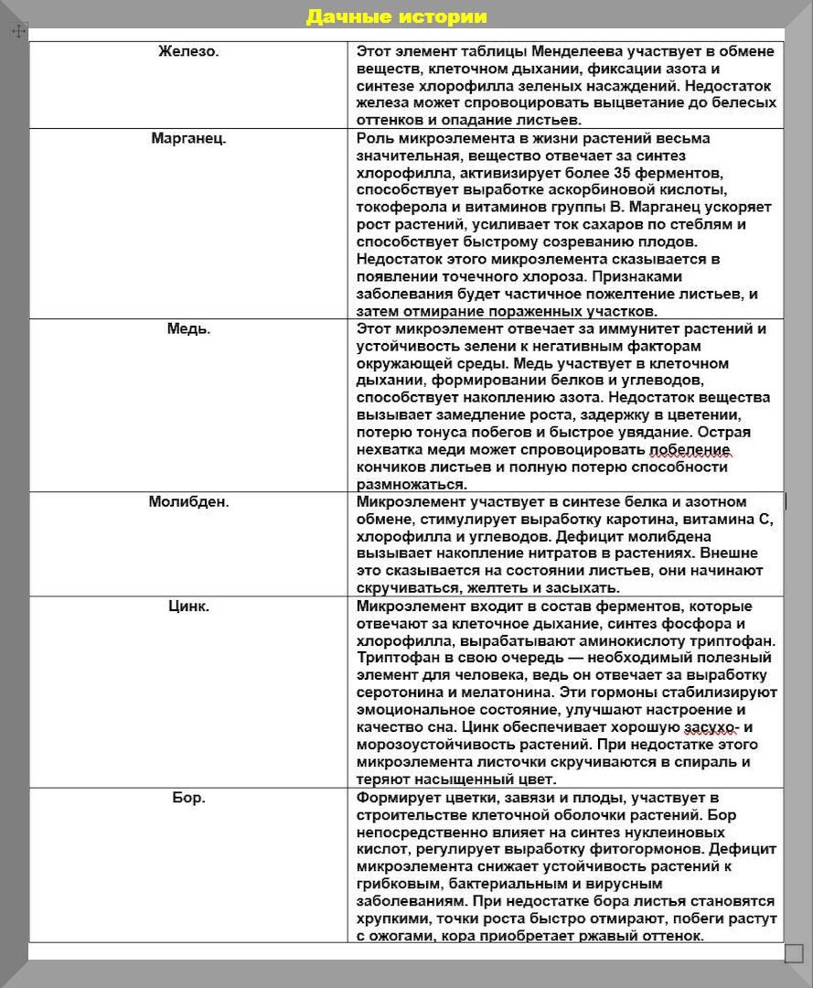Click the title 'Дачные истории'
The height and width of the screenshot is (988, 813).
(396, 17)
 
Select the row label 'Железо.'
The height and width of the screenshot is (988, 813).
(188, 51)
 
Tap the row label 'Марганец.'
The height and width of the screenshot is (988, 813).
(188, 139)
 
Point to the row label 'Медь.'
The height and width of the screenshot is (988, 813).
(188, 329)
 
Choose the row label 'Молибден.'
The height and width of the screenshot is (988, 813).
(188, 502)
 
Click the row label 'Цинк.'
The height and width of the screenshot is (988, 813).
(188, 607)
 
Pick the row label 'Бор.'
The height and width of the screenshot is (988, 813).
(188, 798)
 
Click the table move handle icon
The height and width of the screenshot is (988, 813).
(18, 31)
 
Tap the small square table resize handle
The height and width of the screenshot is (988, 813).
(794, 952)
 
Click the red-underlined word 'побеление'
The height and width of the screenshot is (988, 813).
(690, 450)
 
